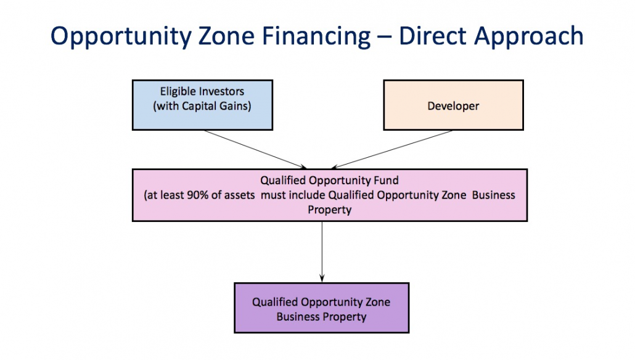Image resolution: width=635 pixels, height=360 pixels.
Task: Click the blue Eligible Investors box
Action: tap(202, 104)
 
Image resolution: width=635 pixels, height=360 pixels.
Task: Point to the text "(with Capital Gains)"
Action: tap(202, 105)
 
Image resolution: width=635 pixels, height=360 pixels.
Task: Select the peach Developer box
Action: tap(453, 105)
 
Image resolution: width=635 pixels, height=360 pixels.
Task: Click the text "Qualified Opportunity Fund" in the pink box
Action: tap(329, 181)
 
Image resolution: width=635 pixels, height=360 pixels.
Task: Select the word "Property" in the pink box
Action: tap(330, 210)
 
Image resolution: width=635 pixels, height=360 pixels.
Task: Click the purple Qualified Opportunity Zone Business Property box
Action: tap(321, 308)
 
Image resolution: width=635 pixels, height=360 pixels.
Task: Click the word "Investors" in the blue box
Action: tap(221, 92)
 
